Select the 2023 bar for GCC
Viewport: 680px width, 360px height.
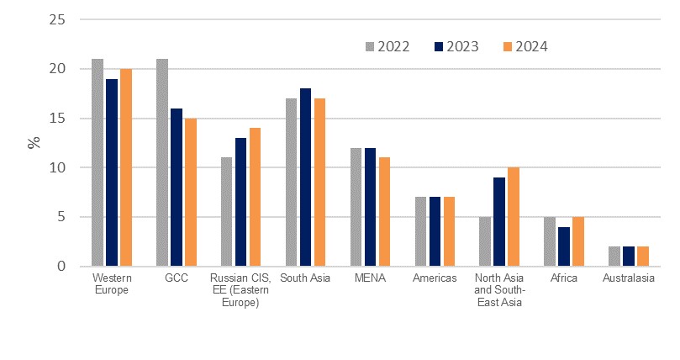click(x=176, y=188)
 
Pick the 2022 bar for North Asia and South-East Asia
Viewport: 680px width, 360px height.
click(x=485, y=241)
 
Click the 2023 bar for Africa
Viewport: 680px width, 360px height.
click(x=563, y=246)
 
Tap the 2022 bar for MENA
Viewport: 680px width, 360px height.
click(x=356, y=207)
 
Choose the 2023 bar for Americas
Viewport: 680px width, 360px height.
click(x=435, y=232)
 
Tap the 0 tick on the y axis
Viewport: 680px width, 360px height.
click(x=60, y=267)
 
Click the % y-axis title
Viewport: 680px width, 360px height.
click(x=34, y=142)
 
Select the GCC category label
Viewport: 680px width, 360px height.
click(x=176, y=278)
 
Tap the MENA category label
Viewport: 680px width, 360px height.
click(x=370, y=278)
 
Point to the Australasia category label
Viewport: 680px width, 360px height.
click(x=628, y=278)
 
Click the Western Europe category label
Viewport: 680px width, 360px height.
click(x=112, y=283)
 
